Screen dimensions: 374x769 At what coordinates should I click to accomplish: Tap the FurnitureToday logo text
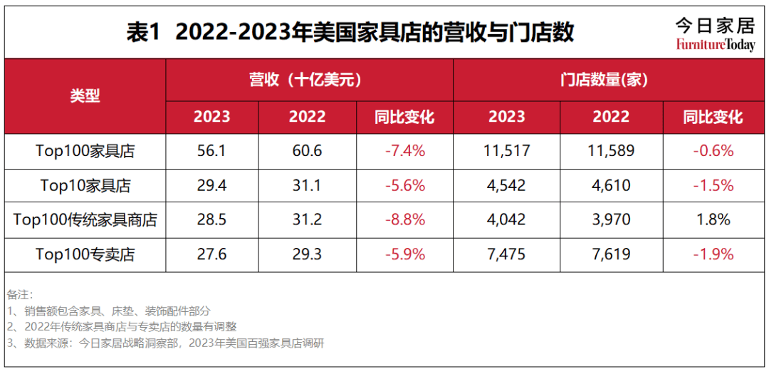point(715,46)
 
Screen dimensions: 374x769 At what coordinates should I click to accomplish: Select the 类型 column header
point(85,96)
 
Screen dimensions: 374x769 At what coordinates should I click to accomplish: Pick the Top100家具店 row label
point(85,151)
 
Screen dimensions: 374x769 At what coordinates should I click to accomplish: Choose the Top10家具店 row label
point(85,185)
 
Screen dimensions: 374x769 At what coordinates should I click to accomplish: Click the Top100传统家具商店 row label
point(85,219)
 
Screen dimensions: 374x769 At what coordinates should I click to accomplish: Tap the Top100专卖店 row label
point(85,254)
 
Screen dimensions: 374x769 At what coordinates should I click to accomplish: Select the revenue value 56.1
point(212,151)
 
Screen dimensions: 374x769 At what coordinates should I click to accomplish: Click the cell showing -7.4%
point(404,151)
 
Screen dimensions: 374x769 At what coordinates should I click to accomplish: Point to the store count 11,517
point(507,151)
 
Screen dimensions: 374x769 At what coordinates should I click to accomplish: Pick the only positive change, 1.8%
point(713,219)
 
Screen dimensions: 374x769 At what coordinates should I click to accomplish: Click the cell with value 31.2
point(307,219)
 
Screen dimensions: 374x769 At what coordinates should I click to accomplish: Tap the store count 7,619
point(611,254)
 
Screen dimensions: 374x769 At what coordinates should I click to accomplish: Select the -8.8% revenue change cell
point(404,219)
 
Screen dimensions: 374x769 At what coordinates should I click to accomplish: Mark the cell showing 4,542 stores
point(507,185)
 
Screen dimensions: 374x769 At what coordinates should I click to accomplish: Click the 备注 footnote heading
point(20,294)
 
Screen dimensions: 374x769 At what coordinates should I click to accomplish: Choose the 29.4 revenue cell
point(212,185)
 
